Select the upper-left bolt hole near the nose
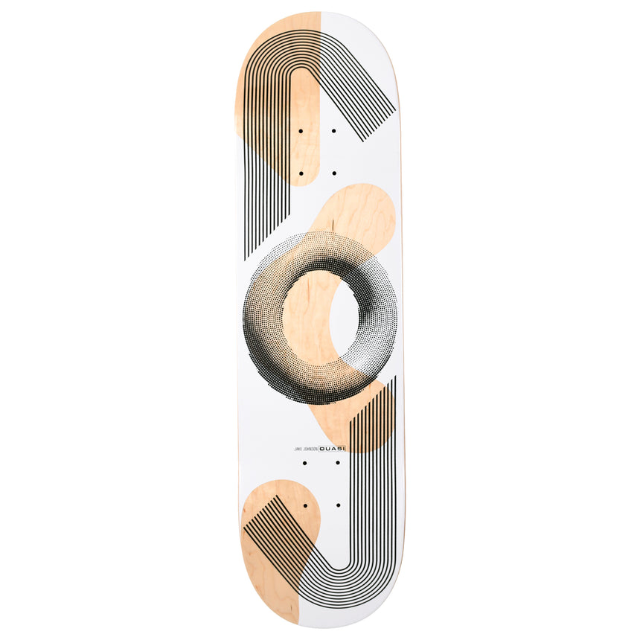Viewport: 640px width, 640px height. [301, 131]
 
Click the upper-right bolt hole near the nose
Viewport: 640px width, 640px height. [333, 131]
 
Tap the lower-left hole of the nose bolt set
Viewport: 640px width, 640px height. [301, 173]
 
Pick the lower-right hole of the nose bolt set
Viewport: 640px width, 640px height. [333, 173]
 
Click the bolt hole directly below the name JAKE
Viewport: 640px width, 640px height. [304, 463]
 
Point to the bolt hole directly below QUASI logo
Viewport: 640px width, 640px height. [338, 463]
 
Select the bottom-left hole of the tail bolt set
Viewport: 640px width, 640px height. [304, 505]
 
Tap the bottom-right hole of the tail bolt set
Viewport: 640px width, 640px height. [338, 505]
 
